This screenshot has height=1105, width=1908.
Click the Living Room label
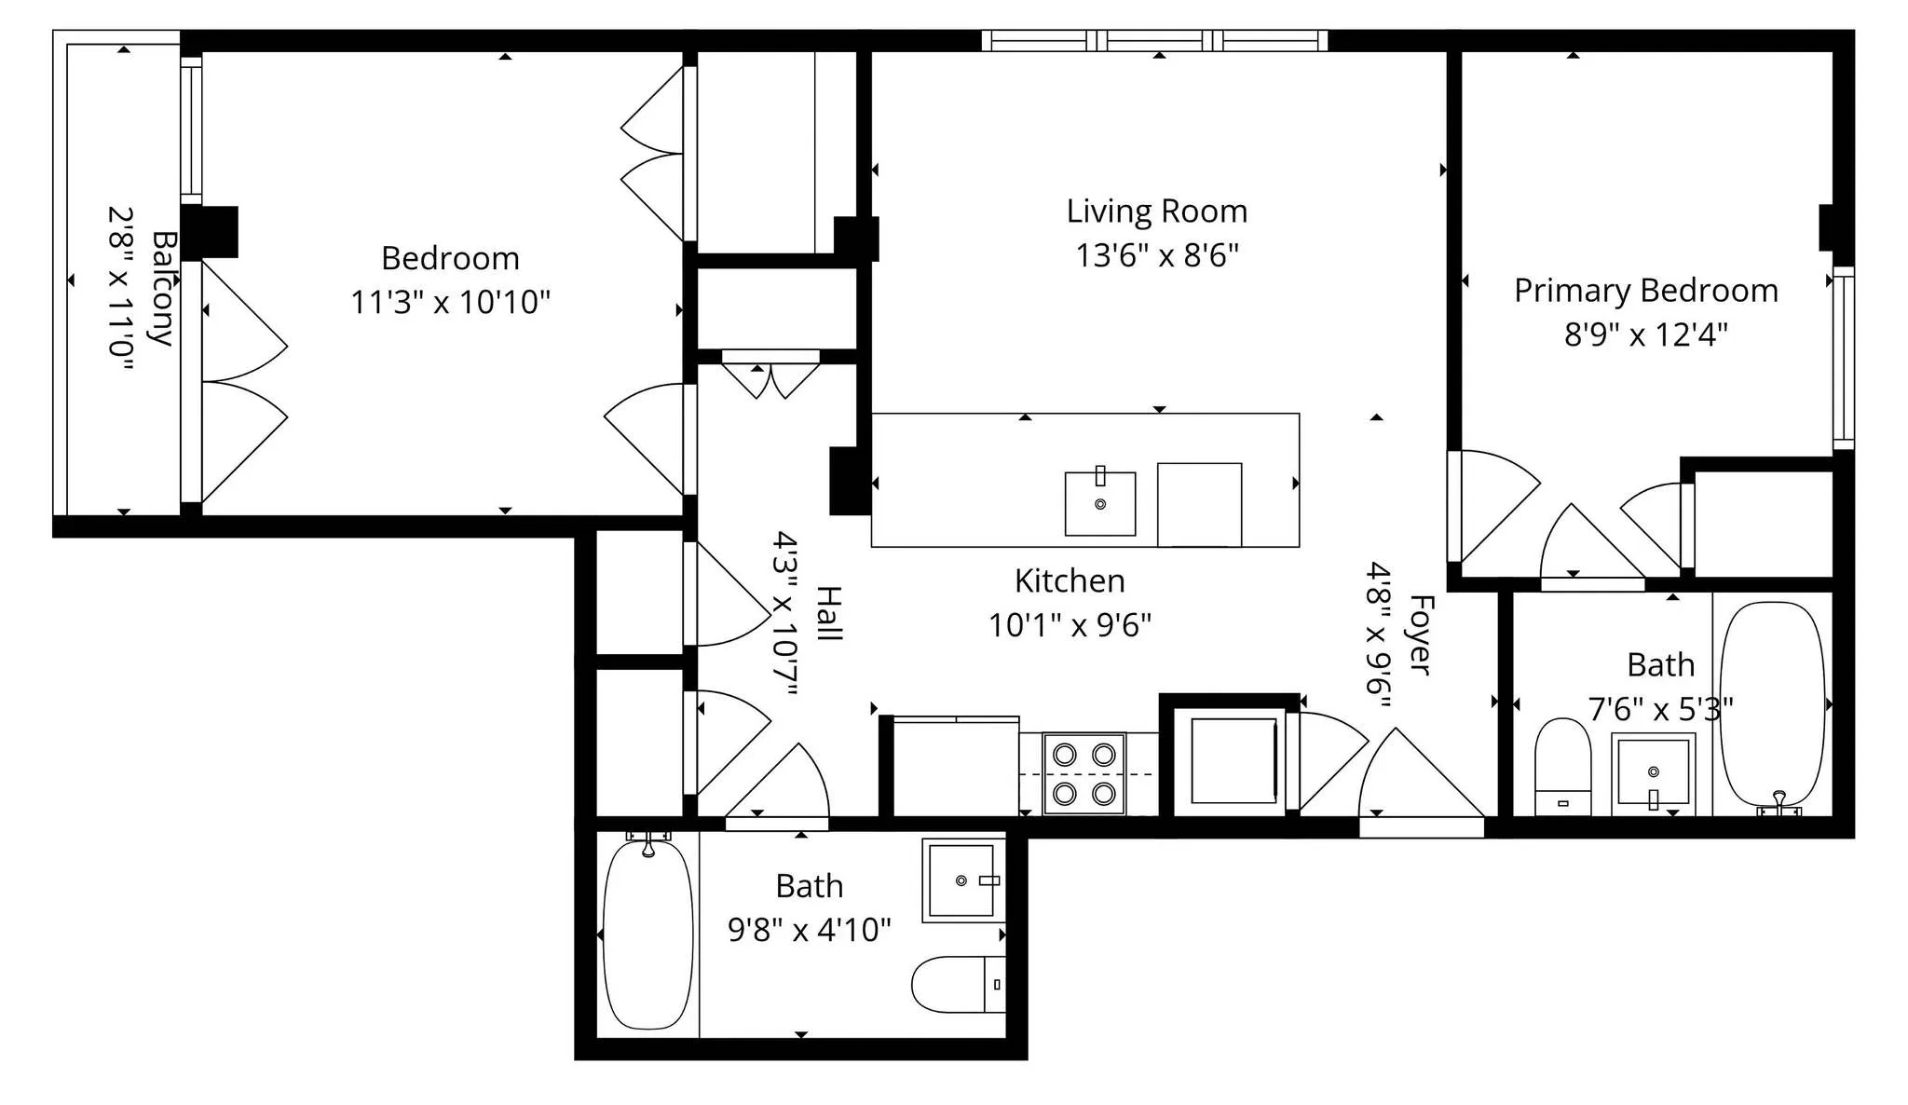coord(1156,211)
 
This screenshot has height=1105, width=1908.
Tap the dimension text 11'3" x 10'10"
coord(450,302)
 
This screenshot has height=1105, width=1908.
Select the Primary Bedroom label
coord(1645,291)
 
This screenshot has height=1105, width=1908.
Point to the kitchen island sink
coord(1099,503)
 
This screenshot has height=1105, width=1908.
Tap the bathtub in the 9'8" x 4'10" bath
coord(647,934)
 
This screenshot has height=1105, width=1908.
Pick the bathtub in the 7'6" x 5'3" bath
coord(1771,703)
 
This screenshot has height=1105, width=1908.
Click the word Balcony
coord(162,289)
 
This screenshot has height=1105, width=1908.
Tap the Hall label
coord(828,613)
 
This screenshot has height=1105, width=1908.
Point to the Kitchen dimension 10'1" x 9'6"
coord(1069,624)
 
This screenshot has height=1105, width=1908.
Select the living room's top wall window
coord(1154,40)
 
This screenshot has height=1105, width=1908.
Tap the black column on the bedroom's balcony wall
coord(209,231)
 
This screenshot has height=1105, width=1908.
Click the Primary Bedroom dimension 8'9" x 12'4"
coord(1645,334)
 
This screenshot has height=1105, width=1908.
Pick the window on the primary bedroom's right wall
coord(1843,358)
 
